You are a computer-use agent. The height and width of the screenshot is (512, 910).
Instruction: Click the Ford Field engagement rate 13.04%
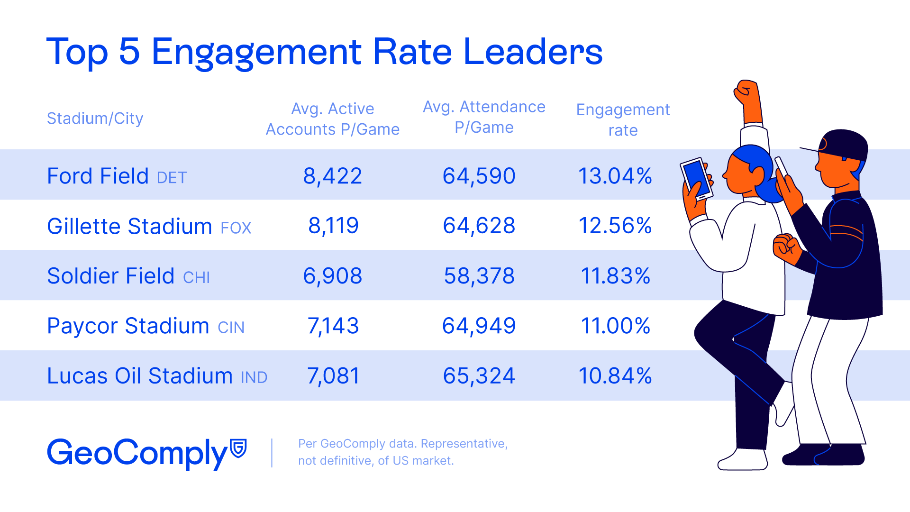tap(615, 176)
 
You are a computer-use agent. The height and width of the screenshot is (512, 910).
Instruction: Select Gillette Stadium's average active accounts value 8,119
tap(333, 226)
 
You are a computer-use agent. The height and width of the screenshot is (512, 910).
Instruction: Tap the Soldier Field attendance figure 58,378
tap(479, 276)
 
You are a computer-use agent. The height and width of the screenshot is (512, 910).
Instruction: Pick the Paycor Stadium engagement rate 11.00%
tap(615, 326)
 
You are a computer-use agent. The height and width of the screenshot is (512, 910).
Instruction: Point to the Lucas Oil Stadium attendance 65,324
tap(479, 376)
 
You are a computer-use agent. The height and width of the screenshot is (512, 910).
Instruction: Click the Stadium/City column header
tap(95, 118)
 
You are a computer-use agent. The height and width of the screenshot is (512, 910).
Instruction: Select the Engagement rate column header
tap(623, 119)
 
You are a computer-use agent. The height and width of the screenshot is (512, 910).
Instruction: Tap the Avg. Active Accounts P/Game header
tap(333, 119)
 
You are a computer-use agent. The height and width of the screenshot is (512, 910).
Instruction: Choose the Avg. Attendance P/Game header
tap(484, 117)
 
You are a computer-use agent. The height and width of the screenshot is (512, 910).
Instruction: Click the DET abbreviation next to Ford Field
tap(172, 178)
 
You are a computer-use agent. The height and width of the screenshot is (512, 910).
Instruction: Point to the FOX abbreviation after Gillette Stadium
tap(236, 228)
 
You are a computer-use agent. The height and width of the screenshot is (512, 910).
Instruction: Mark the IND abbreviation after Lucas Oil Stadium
tap(254, 378)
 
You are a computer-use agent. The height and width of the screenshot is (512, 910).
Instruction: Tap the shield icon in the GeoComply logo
tap(238, 448)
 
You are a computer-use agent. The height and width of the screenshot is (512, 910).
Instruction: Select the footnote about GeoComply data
tap(402, 452)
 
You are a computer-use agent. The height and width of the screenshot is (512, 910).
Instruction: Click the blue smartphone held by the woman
tap(696, 179)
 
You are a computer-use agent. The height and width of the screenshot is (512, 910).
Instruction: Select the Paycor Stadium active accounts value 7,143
tap(333, 326)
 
